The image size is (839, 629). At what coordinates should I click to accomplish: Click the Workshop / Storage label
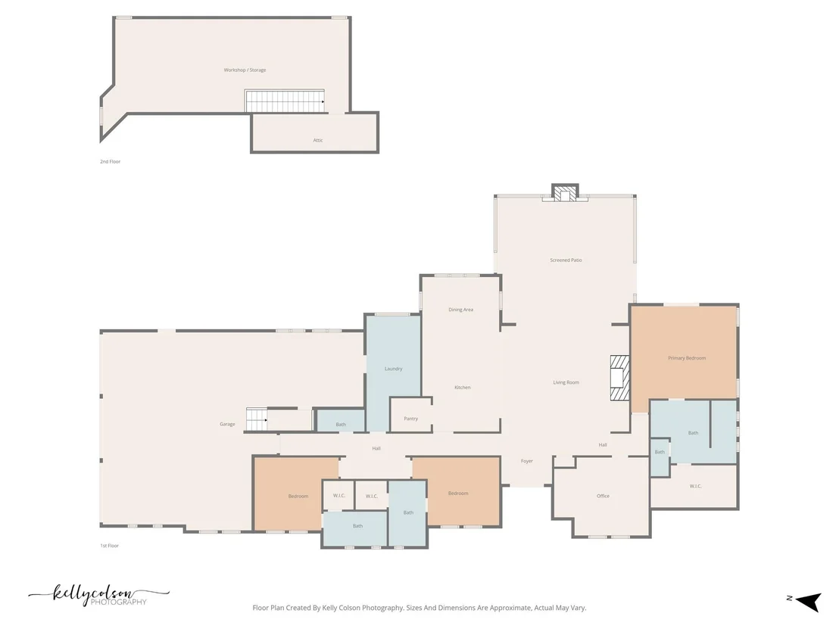click(245, 70)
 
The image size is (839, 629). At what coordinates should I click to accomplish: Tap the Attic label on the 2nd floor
click(318, 140)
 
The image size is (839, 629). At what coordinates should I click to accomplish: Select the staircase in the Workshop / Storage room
click(285, 101)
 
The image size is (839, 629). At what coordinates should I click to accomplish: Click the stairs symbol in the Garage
click(257, 419)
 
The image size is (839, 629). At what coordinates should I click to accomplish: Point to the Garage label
click(227, 424)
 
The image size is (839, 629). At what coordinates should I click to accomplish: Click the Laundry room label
click(393, 369)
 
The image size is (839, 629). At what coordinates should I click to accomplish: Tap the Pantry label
click(411, 419)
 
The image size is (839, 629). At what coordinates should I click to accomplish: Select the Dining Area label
click(460, 310)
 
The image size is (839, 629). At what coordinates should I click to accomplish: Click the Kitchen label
click(463, 388)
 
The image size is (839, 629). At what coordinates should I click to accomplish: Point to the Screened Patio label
click(566, 260)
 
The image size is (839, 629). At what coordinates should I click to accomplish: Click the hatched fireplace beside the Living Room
click(619, 378)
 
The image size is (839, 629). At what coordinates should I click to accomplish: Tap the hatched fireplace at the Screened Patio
click(564, 193)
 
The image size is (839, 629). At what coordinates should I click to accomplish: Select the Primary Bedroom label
click(687, 358)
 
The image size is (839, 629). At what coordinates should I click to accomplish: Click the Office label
click(603, 496)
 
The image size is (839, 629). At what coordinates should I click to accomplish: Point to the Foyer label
click(527, 461)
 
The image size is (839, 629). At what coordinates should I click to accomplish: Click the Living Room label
click(566, 382)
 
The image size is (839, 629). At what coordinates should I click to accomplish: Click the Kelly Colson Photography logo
click(99, 595)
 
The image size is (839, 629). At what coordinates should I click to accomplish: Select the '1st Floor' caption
click(110, 546)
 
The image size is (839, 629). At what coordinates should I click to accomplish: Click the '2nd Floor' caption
click(111, 161)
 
